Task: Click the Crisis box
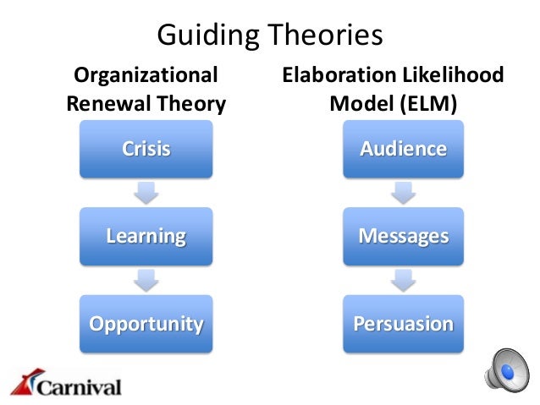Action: [146, 150]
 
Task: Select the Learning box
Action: [146, 236]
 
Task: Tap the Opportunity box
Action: [146, 324]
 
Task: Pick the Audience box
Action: [403, 150]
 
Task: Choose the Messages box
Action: [403, 236]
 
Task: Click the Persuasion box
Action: [403, 324]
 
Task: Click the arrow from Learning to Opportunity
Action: [146, 279]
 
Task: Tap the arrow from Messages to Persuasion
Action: [403, 279]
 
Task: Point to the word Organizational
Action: [146, 76]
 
